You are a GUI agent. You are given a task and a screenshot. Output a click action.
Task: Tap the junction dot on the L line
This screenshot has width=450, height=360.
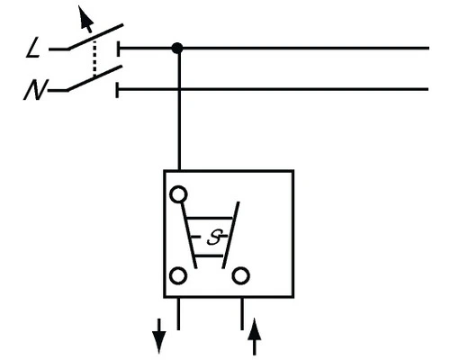(178, 48)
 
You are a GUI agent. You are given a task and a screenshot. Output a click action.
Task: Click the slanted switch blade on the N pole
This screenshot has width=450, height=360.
(94, 80)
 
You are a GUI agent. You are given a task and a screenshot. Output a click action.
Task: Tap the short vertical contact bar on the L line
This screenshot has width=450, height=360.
(120, 48)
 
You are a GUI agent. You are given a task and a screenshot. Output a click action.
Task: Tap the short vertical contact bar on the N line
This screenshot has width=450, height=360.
(120, 89)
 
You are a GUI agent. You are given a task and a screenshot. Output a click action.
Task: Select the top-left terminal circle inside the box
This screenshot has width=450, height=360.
(178, 193)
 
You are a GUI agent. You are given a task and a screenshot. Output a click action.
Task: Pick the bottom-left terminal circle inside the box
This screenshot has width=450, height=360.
(178, 275)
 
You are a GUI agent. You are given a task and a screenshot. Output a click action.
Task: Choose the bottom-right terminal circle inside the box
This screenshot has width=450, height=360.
(240, 275)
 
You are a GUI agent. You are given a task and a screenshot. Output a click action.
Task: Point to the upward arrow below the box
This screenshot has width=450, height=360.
(256, 338)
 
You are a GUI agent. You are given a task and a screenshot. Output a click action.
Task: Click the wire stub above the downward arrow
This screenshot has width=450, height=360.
(178, 310)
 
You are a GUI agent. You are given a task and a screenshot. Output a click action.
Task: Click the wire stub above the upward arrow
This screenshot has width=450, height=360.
(240, 310)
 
